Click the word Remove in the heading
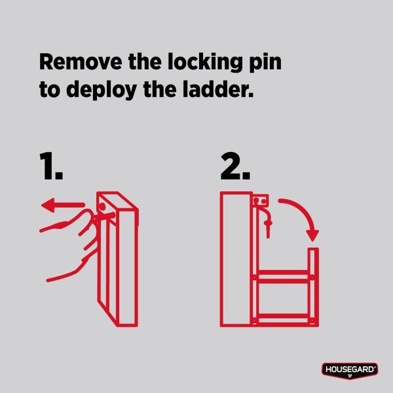coord(81,62)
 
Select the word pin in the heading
coord(265,63)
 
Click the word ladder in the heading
coord(218,89)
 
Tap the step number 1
coord(51,166)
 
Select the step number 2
coord(235,166)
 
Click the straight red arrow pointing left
coord(63,205)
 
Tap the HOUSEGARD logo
coord(350,371)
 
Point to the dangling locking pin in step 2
coord(266,221)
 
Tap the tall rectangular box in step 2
coord(236,259)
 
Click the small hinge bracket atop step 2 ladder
coord(261,201)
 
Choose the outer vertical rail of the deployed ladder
coord(313,287)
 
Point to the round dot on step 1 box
coord(102,207)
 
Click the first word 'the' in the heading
coord(145,62)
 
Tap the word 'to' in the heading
coord(50,90)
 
